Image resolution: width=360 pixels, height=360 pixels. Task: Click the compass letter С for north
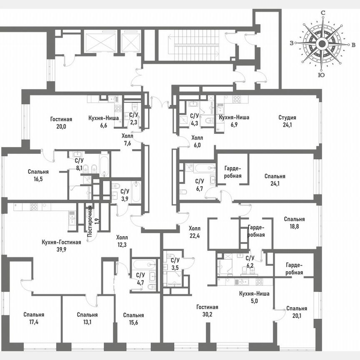pos(323,13)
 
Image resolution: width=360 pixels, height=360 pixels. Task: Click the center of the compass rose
pos(321,44)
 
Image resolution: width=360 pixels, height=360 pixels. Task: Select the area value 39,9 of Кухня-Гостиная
pos(61,249)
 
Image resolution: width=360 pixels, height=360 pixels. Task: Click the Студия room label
pos(287,117)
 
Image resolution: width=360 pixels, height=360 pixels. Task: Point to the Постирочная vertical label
pos(90,220)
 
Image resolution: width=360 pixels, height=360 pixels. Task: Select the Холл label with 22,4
pos(194,228)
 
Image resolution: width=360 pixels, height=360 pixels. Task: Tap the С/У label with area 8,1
pos(79,160)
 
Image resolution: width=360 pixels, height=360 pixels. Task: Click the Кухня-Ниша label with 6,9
pos(234,117)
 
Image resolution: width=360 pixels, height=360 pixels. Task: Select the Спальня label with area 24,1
pos(275,176)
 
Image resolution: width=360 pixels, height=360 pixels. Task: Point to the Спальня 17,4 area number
pos(34,322)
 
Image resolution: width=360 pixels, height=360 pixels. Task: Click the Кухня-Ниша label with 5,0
pos(254,294)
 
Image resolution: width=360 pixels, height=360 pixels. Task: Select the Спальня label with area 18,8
pos(294,219)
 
